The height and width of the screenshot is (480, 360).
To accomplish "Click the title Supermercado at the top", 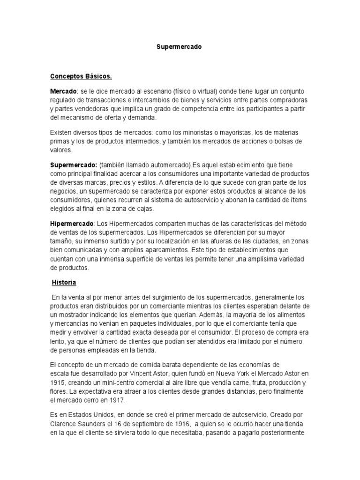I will [179, 47].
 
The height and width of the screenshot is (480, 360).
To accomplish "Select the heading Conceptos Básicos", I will [81, 76].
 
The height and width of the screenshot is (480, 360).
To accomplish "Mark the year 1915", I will [58, 382].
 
